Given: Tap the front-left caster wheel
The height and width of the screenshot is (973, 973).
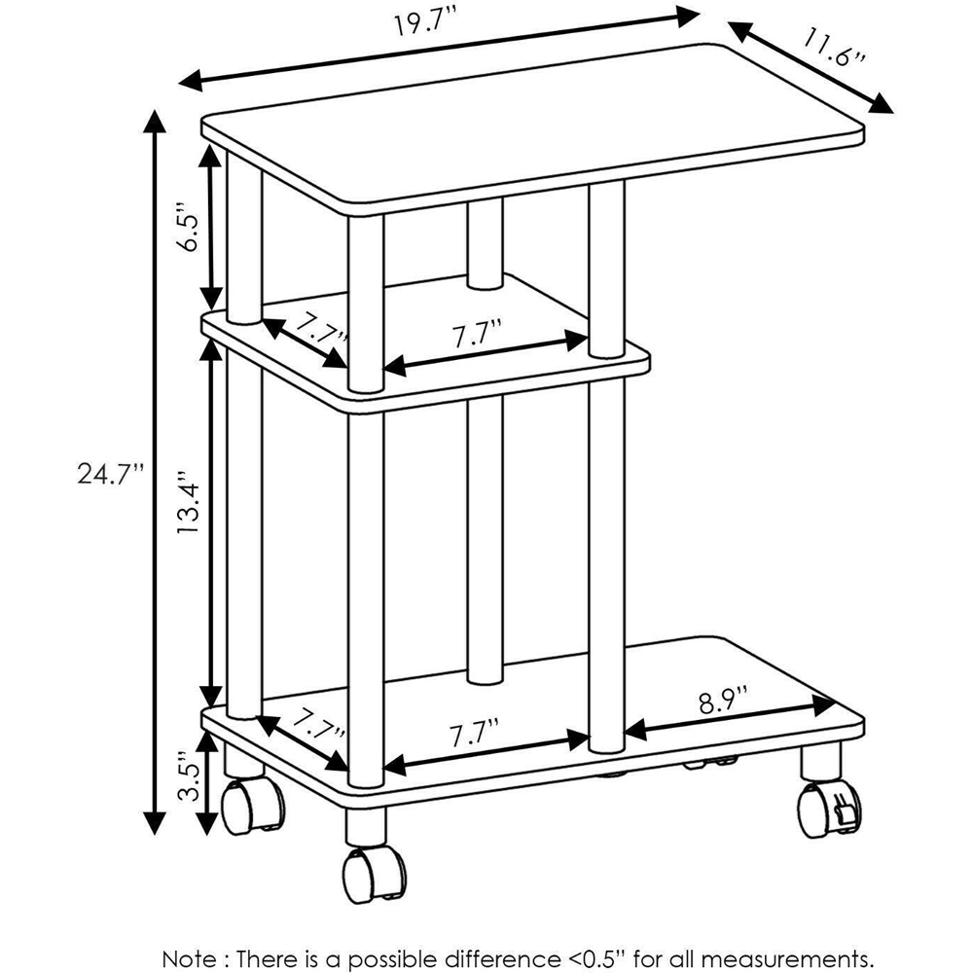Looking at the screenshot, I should click(x=249, y=804).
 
